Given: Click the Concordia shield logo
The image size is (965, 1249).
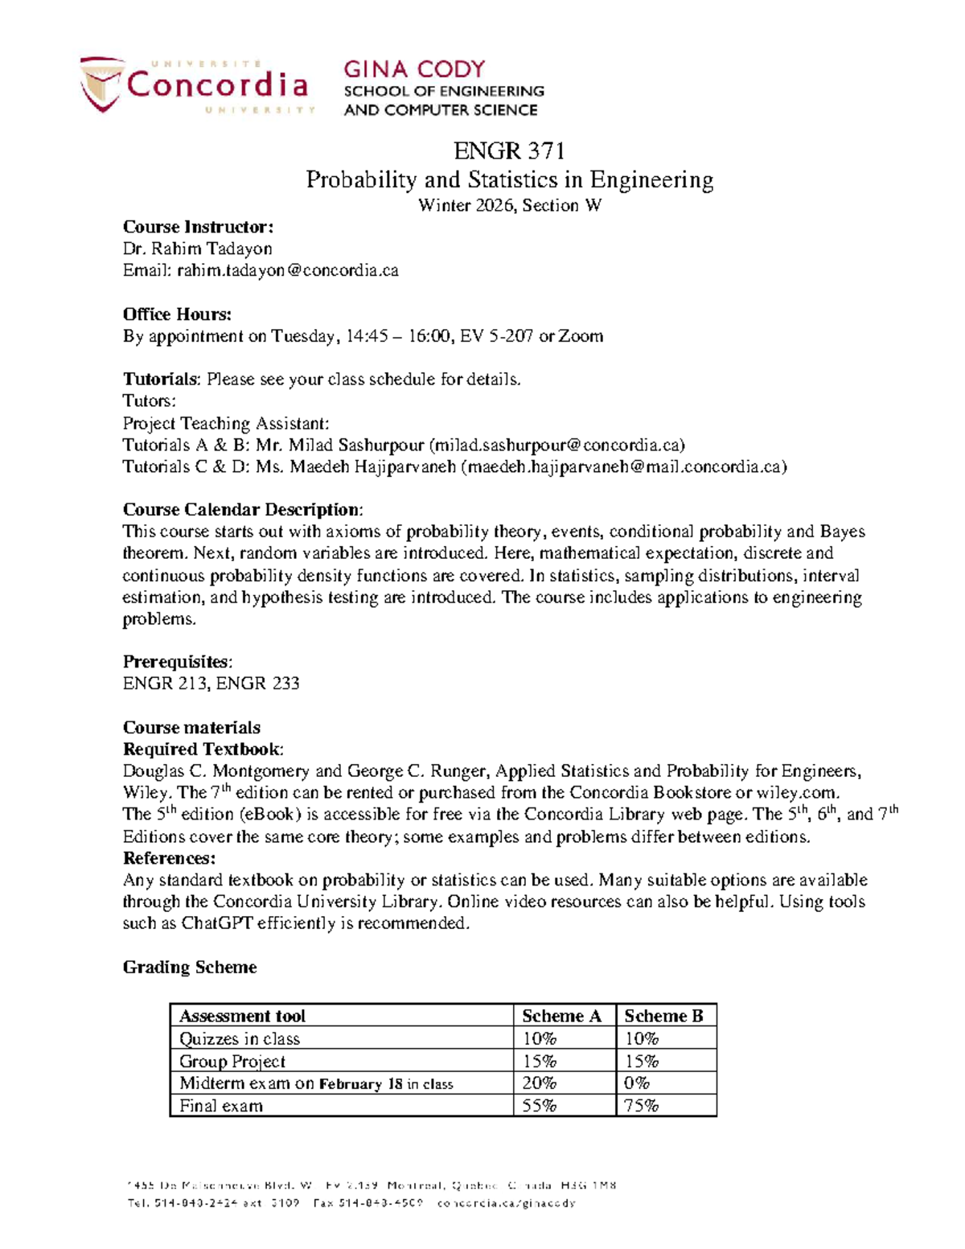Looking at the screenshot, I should tap(101, 84).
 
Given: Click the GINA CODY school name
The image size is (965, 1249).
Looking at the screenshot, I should tap(414, 69).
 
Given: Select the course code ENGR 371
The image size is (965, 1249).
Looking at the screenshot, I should tap(509, 150).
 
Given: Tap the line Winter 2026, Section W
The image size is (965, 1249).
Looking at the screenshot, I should tap(509, 205).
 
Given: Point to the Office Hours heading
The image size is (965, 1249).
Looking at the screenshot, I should tap(177, 314).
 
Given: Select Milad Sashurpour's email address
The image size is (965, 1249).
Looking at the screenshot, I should tap(557, 446).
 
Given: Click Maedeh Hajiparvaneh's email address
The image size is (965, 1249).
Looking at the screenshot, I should tap(622, 467).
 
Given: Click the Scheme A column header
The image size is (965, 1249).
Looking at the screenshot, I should tap(561, 1016).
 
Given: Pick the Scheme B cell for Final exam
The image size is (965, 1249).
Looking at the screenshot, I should tap(642, 1106).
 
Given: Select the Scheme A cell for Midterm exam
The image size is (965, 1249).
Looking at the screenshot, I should tap(540, 1083).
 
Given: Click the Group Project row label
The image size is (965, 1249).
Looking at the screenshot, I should tap(232, 1062).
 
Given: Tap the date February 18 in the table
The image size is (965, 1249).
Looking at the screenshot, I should tap(360, 1084).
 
